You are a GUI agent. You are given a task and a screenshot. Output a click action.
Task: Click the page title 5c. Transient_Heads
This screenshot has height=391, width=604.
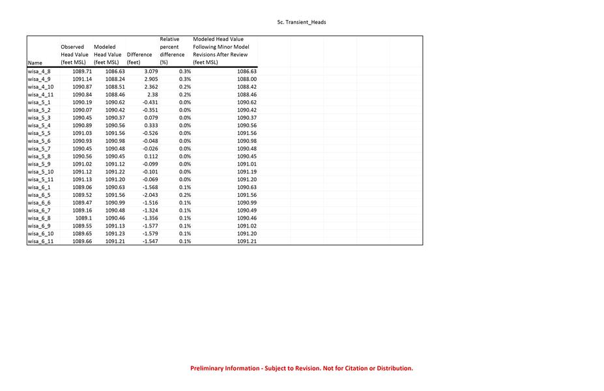coord(302,22)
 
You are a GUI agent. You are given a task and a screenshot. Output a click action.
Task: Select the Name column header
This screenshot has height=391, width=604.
coord(34,63)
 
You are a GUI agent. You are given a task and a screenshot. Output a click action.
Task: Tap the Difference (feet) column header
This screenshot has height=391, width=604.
coord(139,59)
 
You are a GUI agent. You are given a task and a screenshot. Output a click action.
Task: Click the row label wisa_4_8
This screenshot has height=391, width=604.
coord(39,71)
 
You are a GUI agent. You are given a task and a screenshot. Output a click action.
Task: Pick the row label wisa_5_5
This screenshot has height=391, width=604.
coord(39,133)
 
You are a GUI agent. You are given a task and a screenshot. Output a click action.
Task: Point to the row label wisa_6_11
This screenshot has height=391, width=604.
coord(40,241)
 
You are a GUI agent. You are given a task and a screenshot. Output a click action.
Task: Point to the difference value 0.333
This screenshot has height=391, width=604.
coord(151,125)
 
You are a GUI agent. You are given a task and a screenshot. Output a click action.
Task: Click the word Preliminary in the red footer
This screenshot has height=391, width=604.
coord(208,368)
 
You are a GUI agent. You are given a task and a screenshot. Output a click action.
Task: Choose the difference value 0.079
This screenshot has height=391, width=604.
coord(151,117)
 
